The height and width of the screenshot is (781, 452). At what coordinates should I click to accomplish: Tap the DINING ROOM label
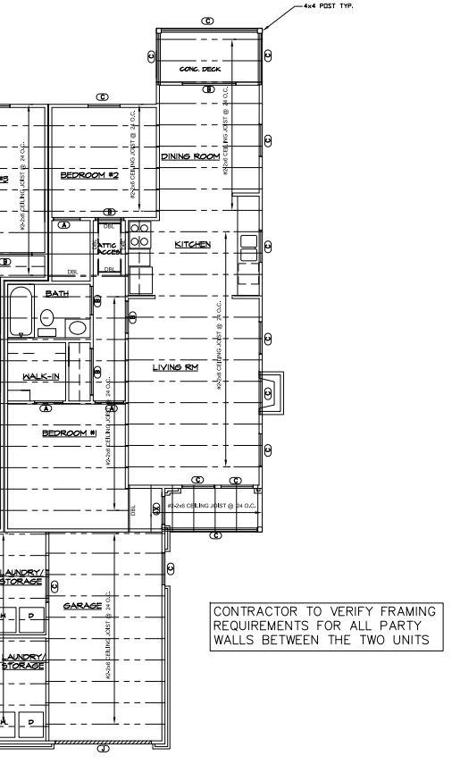click(x=190, y=157)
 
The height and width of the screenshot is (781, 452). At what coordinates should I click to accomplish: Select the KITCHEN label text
click(x=192, y=244)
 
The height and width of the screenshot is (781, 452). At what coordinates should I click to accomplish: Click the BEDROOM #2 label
click(x=89, y=175)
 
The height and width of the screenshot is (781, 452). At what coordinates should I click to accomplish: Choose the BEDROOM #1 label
click(x=70, y=433)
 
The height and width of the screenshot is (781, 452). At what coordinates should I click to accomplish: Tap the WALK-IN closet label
click(x=41, y=376)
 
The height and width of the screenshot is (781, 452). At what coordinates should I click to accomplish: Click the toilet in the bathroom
click(x=47, y=319)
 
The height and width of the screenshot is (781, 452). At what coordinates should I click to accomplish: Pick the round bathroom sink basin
click(x=78, y=328)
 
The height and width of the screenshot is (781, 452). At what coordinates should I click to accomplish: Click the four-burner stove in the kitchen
click(x=140, y=235)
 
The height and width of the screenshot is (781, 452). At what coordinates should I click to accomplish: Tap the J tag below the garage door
click(x=103, y=749)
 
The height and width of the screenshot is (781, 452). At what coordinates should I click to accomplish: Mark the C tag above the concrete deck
click(x=208, y=21)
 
